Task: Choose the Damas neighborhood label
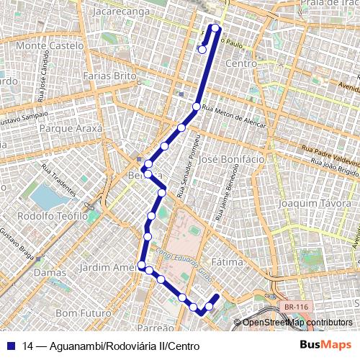pyautogui.click(x=50, y=274)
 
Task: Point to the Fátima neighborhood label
pyautogui.click(x=228, y=263)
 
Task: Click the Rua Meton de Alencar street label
pyautogui.click(x=234, y=116)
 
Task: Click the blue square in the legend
pyautogui.click(x=12, y=346)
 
